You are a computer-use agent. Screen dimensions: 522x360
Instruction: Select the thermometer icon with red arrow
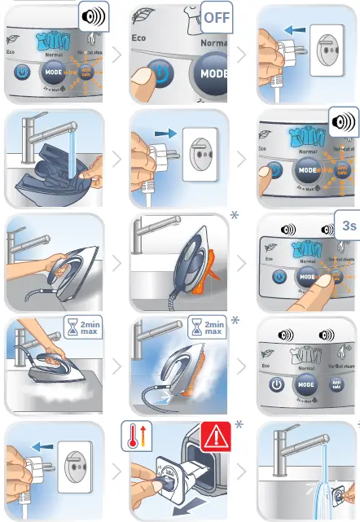pos(137,435)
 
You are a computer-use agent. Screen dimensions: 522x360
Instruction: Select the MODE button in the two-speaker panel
pos(306,383)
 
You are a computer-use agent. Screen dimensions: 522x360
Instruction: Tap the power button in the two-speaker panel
pos(278,383)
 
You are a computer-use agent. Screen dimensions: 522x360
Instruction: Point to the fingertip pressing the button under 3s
pos(330,281)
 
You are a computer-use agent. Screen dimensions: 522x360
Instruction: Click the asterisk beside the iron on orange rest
pos(235,216)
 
